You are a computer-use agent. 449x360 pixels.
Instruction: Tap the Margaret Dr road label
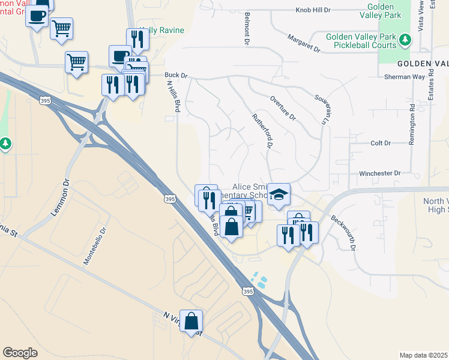304,43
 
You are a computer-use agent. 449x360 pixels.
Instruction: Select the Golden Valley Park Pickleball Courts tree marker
406,40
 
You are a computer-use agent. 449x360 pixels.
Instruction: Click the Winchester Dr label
379,173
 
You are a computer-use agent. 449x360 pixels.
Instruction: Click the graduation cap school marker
279,194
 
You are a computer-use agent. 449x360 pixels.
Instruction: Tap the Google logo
20,353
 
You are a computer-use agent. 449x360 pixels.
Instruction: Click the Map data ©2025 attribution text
423,355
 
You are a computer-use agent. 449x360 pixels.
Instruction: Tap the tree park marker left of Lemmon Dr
5,143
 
